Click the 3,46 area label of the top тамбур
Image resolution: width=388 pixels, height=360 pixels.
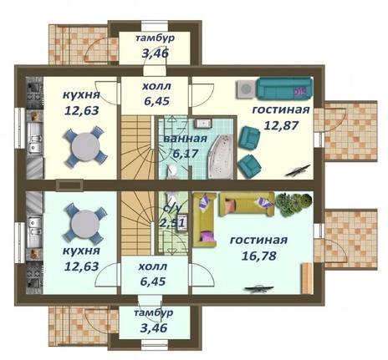point(155,53)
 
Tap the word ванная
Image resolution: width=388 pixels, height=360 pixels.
point(185,139)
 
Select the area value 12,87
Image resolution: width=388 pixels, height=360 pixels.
point(281,125)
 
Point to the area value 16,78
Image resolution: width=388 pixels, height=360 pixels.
point(258,256)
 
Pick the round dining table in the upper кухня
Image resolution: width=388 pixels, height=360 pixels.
point(85,146)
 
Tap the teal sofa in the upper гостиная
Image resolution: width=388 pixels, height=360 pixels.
point(283,89)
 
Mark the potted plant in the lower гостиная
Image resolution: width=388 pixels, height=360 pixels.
point(294,205)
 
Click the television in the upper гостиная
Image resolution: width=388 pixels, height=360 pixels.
point(298,170)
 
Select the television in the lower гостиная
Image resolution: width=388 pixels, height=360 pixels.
point(259,289)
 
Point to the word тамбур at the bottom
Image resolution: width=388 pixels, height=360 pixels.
point(154,312)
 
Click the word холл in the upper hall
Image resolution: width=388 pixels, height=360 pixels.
point(156,86)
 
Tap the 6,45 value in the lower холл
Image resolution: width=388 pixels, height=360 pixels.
point(153,281)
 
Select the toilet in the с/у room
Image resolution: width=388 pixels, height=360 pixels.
point(172,199)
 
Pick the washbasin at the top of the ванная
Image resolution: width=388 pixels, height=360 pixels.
point(203,123)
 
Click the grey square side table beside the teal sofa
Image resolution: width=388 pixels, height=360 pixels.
point(246,89)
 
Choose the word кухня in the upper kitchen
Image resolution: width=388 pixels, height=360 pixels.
point(81,95)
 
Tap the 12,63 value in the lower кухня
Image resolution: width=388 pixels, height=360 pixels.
point(82,266)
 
